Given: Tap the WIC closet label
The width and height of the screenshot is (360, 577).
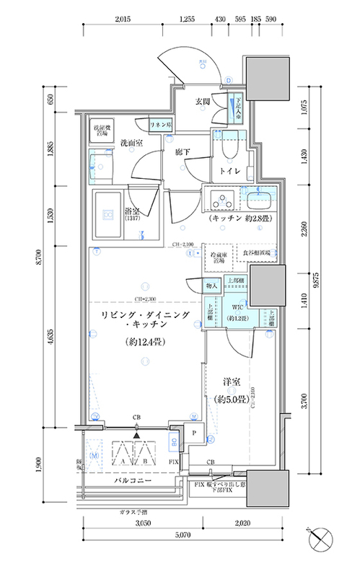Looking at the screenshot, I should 237,305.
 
